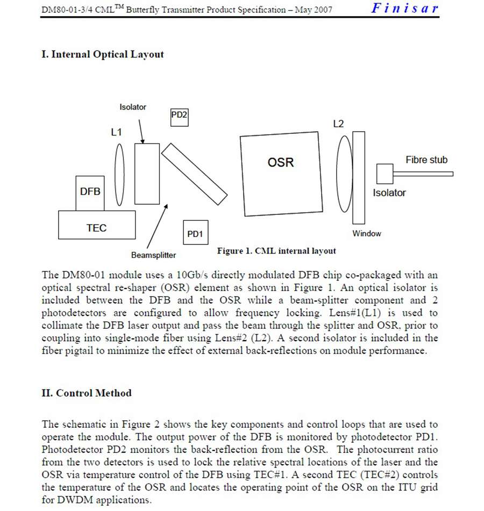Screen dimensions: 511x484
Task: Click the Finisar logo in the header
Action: point(404,8)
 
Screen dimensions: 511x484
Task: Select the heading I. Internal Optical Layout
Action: point(103,54)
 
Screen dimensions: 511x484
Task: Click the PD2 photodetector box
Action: point(179,116)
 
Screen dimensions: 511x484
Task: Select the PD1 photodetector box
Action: point(195,233)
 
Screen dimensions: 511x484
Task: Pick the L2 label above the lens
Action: point(338,124)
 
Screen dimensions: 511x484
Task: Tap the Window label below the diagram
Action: point(367,233)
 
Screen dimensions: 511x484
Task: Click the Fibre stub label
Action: point(426,160)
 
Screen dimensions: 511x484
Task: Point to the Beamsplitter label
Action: point(153,255)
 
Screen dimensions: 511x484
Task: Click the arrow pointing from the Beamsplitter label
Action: point(158,226)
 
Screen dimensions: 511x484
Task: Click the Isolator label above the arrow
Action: point(133,107)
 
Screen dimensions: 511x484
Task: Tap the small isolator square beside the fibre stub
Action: point(385,174)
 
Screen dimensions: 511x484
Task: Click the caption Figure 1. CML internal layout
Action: point(276,250)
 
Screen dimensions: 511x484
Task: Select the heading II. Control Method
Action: point(87,393)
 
